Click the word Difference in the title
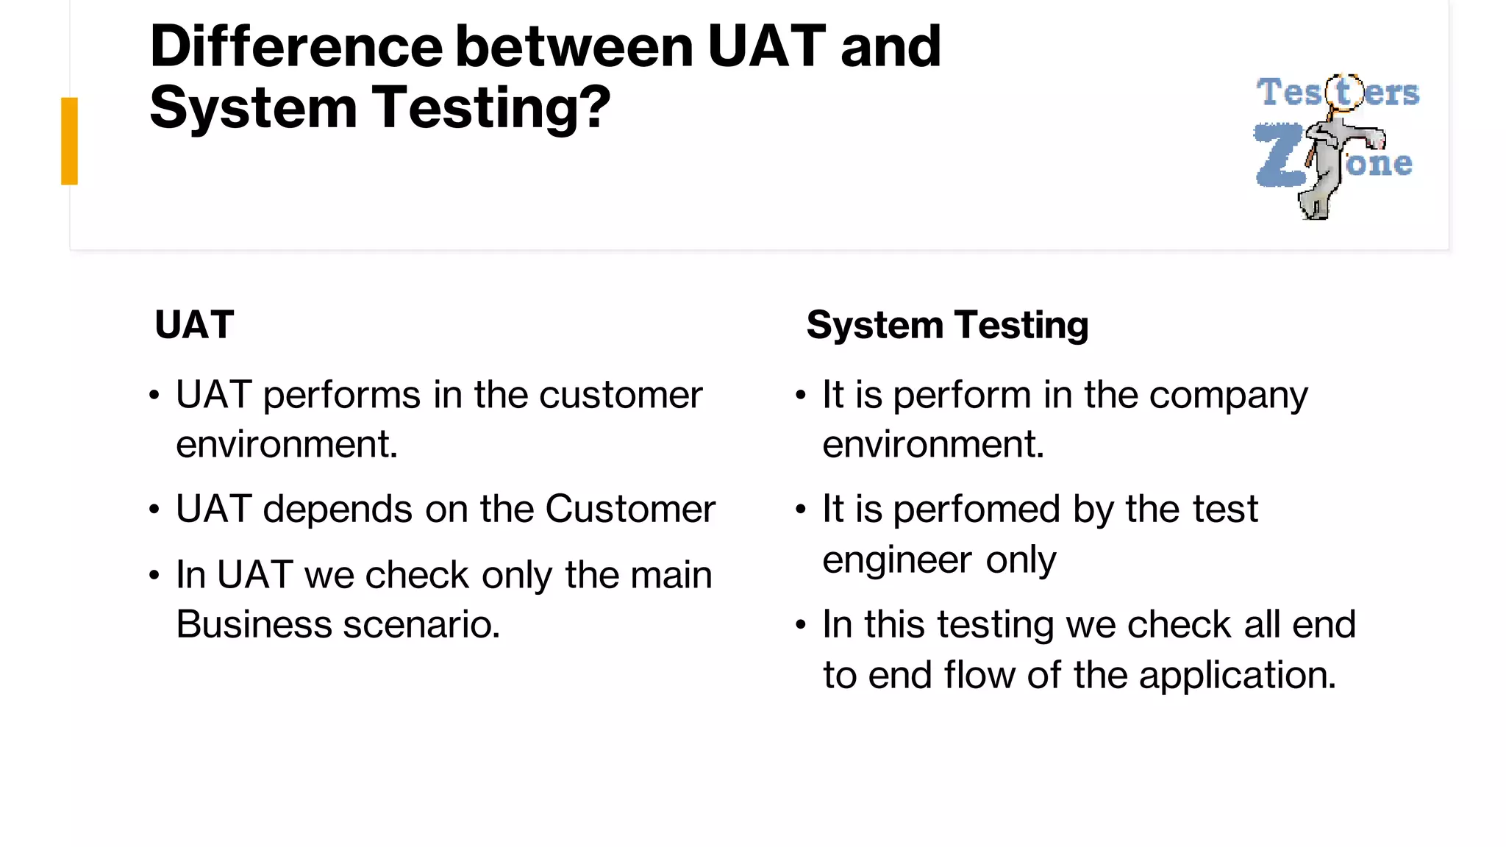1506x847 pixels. (296, 47)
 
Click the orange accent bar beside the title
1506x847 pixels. (69, 140)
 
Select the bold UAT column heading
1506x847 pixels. (194, 325)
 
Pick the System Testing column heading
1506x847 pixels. (947, 325)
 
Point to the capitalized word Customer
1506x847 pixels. (630, 509)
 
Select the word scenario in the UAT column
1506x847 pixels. (421, 625)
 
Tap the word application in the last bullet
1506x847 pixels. (1237, 676)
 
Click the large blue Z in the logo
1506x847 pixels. (1280, 156)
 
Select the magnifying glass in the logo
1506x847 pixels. (1343, 93)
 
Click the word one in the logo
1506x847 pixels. (1379, 164)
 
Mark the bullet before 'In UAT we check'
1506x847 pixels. (154, 575)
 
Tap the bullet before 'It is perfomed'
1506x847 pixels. (801, 509)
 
